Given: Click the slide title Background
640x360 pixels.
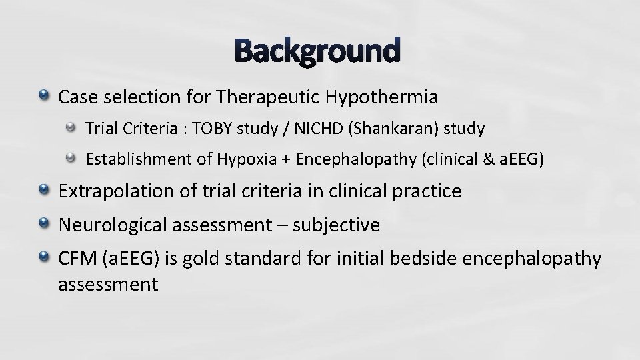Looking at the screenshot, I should [318, 51].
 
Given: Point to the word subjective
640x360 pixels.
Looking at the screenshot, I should [340, 225].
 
